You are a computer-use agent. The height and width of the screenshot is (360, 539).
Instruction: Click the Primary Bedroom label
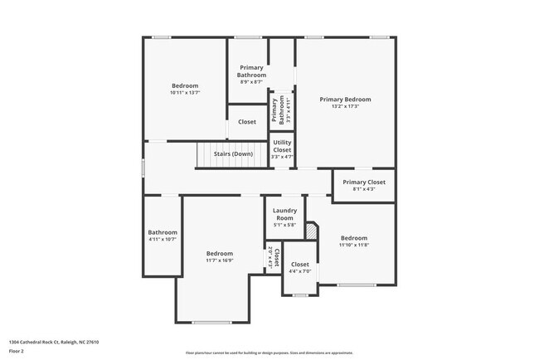(345, 99)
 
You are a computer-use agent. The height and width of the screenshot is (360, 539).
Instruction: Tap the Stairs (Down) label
(233, 153)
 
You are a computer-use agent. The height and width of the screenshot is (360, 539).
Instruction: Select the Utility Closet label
(282, 146)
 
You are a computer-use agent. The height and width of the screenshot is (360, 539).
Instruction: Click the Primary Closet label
(364, 182)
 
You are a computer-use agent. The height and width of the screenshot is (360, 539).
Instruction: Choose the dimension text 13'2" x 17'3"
(345, 106)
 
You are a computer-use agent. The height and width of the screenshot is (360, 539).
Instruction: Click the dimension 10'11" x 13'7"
(185, 92)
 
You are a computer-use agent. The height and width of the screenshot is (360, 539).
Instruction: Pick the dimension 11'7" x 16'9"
(220, 260)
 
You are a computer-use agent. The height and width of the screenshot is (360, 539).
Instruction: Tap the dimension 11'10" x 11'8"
(353, 245)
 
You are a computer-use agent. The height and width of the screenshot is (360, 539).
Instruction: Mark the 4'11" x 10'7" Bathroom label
(163, 232)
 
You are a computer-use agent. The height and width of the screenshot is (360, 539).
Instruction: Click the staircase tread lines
(210, 153)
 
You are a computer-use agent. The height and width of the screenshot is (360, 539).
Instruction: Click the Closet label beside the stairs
(247, 122)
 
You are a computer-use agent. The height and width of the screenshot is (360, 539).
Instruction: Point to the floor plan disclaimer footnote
(269, 353)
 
